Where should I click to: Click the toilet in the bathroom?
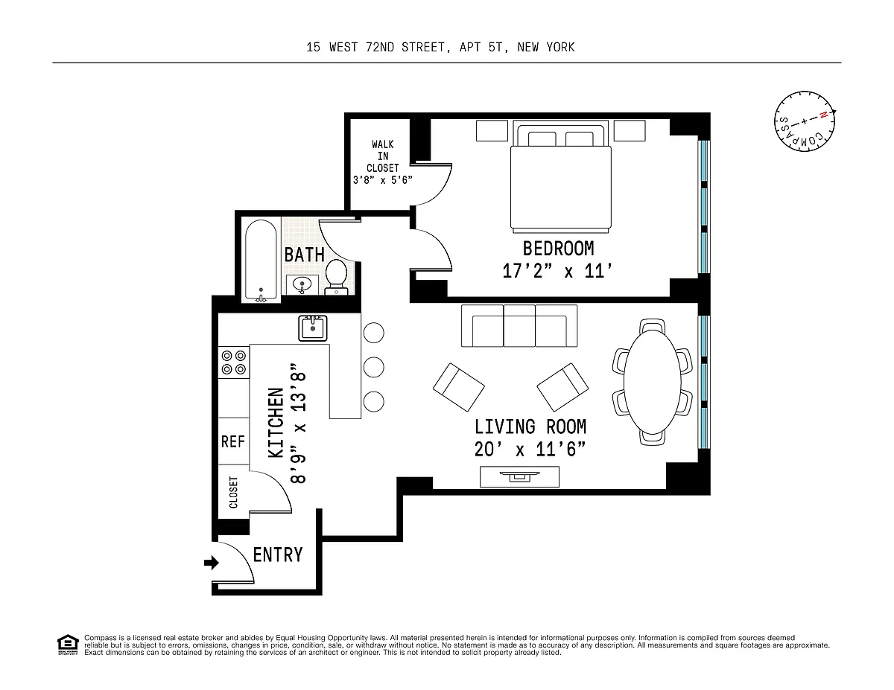coord(336,277)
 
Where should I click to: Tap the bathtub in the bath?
coord(261,260)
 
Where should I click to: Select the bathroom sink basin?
coord(302,285)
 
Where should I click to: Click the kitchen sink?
coord(313,328)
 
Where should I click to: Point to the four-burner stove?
coord(233,362)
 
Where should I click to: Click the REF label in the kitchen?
coord(233,442)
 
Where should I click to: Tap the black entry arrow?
coord(212,563)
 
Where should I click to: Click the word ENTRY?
coord(278,555)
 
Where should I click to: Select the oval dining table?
coord(652,381)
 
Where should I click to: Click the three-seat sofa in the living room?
coord(519,326)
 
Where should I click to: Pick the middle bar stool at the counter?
coord(373,367)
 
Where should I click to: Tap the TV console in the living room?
coord(519,476)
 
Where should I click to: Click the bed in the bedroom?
coord(561,176)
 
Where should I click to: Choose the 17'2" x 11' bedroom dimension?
coord(557,271)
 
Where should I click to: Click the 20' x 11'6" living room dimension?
coord(530,449)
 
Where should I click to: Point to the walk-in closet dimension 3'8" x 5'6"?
coord(383,180)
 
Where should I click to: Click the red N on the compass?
coord(823,115)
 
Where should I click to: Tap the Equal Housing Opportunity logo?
coord(68,645)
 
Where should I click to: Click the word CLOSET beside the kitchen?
coord(233,492)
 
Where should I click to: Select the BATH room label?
coord(305,255)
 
